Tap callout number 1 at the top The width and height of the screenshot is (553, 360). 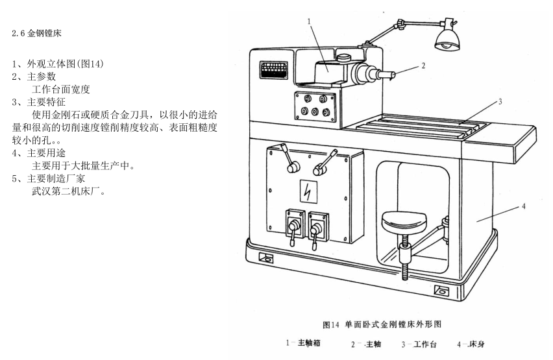pos(310,21)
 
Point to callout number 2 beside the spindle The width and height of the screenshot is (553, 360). pos(423,66)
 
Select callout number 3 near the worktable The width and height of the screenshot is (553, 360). pos(500,102)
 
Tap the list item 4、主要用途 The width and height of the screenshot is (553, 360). pos(38,153)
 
